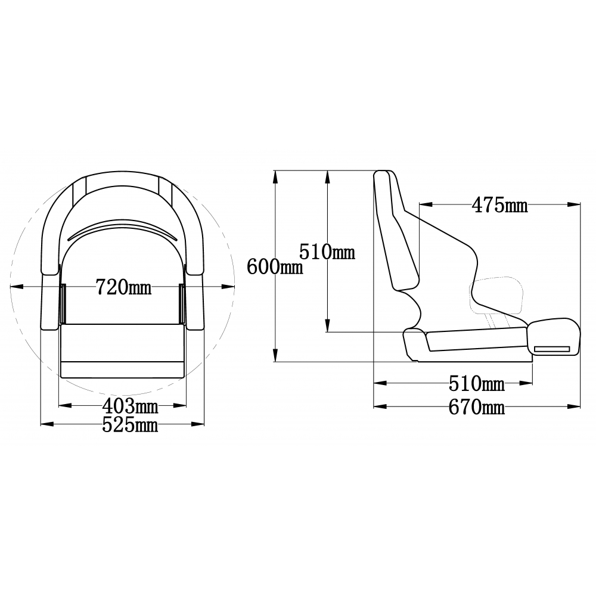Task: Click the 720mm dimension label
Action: tap(123, 287)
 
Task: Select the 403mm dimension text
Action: tap(130, 406)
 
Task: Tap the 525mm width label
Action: tap(130, 425)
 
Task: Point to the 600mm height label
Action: tap(275, 266)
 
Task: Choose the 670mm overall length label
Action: tap(477, 407)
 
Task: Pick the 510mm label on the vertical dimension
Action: tap(327, 252)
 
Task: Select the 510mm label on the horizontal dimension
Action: tap(477, 383)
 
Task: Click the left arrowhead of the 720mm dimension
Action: tap(17, 287)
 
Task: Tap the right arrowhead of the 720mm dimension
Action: tap(228, 287)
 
